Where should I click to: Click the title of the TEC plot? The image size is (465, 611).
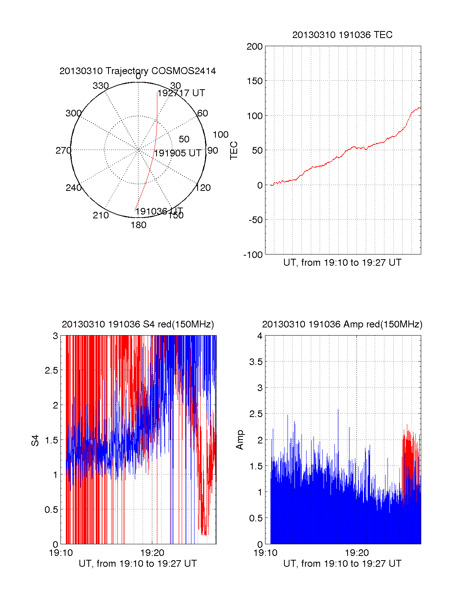point(342,35)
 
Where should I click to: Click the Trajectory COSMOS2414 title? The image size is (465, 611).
point(138,71)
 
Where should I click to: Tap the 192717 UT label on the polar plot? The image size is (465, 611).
point(181,93)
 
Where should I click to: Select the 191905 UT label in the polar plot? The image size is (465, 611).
point(178,153)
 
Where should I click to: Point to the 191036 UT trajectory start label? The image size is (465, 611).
point(159,211)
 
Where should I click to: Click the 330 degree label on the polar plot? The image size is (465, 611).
point(100,86)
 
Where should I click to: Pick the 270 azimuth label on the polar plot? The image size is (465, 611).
point(63,151)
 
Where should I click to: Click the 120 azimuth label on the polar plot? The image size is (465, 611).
point(203,188)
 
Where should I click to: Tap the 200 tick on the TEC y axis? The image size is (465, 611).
point(255,47)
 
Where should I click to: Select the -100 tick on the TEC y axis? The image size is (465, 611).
point(253,255)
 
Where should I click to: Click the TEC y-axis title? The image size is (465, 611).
point(234,151)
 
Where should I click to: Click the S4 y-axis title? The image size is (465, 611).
point(35,440)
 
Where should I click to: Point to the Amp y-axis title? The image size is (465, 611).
point(240,440)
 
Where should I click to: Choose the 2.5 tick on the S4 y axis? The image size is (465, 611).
point(52,370)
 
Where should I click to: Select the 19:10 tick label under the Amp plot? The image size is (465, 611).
point(265,553)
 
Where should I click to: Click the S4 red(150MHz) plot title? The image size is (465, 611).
point(138,324)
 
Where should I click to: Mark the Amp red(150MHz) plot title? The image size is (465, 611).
point(342,324)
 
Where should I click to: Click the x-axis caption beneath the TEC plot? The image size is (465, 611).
point(342,263)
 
